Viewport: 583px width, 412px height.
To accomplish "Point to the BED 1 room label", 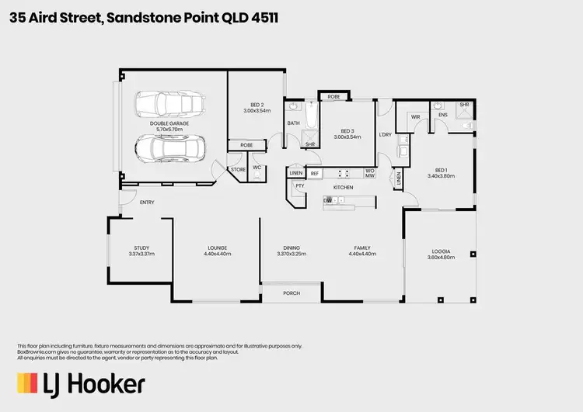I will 440,171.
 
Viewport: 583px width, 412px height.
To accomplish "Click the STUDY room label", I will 141,248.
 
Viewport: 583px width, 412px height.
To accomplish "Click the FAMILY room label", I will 361,248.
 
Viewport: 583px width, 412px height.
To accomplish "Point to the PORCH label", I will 291,293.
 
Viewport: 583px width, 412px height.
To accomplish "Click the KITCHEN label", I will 343,188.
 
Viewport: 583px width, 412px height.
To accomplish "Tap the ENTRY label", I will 146,203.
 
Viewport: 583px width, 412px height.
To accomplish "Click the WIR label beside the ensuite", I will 416,117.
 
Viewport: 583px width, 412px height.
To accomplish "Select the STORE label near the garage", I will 237,168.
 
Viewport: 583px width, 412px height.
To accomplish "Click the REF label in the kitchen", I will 315,173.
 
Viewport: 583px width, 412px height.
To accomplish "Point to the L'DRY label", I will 384,134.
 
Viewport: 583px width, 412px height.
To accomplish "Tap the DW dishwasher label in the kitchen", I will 328,200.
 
